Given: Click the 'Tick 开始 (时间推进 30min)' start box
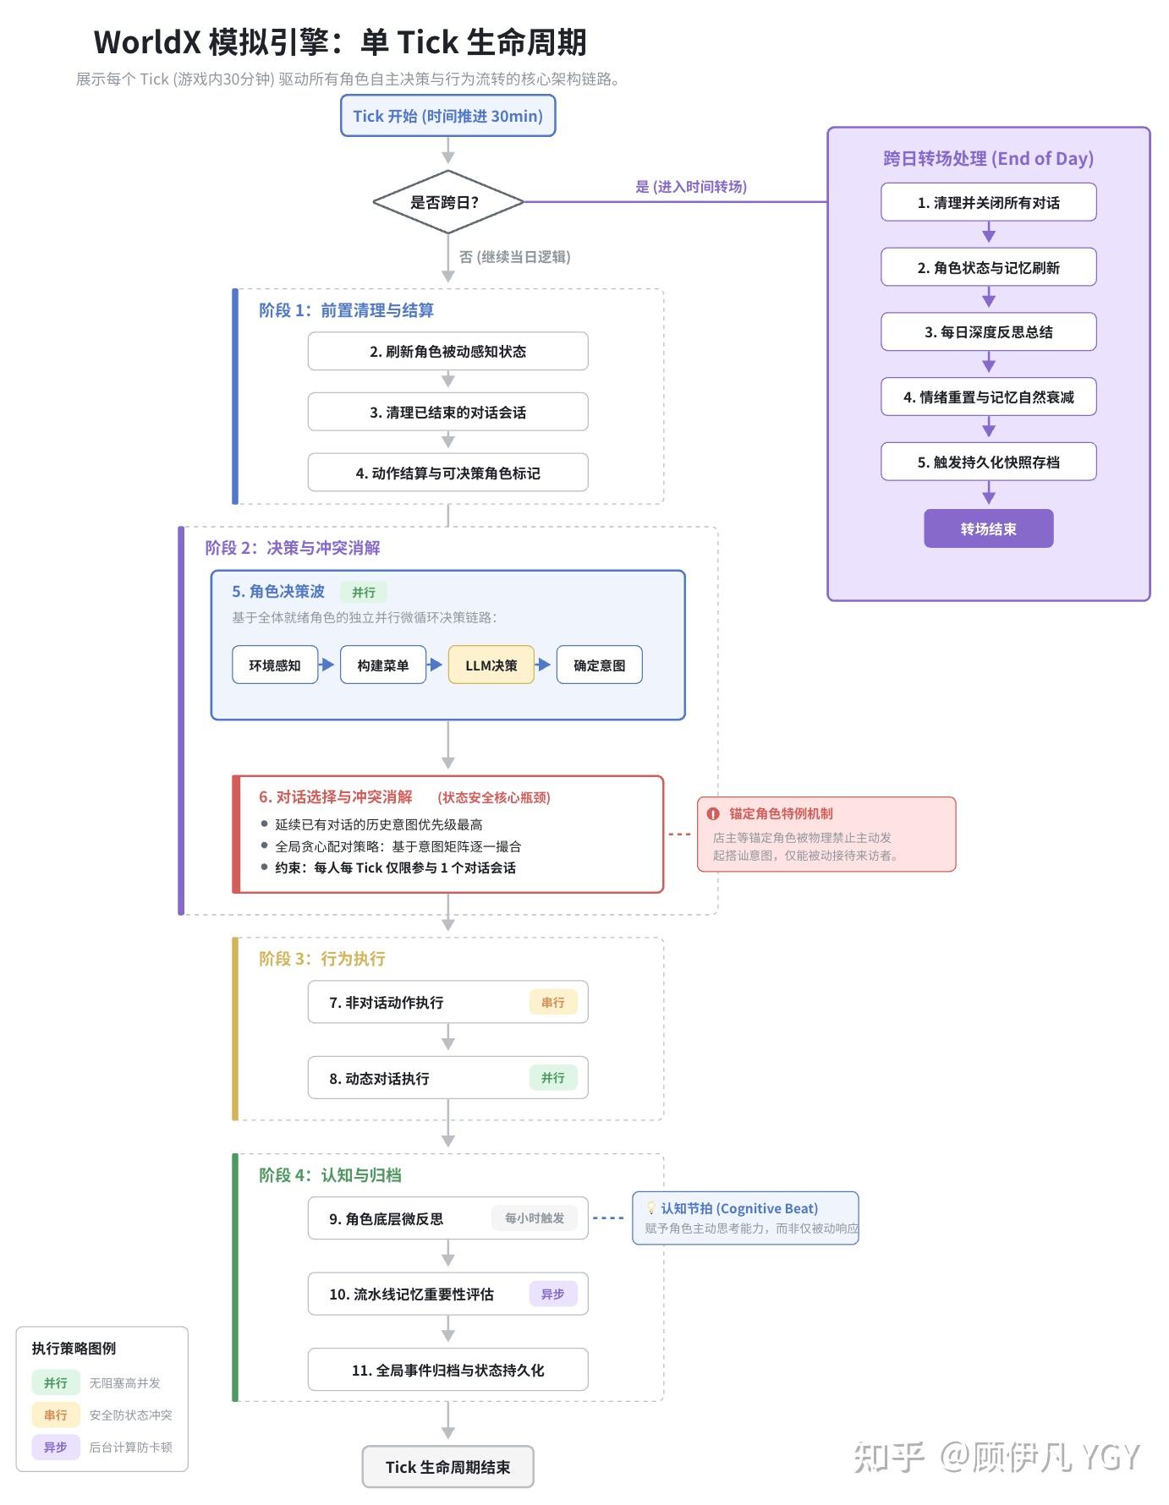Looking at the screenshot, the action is pyautogui.click(x=447, y=116).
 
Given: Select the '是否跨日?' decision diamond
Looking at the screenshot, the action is pyautogui.click(x=447, y=203).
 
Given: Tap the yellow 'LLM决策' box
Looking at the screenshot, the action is pyautogui.click(x=491, y=665).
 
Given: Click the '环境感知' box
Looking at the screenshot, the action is pyautogui.click(x=275, y=665).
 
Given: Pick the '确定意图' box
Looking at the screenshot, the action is pyautogui.click(x=599, y=665).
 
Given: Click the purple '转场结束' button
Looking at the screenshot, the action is pyautogui.click(x=988, y=528).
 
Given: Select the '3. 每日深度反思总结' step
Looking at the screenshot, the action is pyautogui.click(x=988, y=332).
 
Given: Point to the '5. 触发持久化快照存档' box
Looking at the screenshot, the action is pyautogui.click(x=988, y=462).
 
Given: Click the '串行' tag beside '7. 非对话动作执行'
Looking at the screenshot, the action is pyautogui.click(x=553, y=1002).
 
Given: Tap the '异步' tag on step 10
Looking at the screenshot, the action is pyautogui.click(x=553, y=1294).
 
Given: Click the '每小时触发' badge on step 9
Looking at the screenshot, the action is pyautogui.click(x=535, y=1218).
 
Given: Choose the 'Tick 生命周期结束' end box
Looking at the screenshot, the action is pyautogui.click(x=447, y=1467).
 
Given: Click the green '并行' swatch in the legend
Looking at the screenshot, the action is pyautogui.click(x=56, y=1383).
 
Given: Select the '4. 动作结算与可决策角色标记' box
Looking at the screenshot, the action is pyautogui.click(x=447, y=473).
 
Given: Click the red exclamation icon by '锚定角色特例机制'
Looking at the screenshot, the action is pyautogui.click(x=713, y=813).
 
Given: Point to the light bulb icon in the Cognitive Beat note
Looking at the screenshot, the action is pyautogui.click(x=650, y=1208).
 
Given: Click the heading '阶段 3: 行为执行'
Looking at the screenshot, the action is pyautogui.click(x=322, y=959).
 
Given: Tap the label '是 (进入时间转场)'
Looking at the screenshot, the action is pyautogui.click(x=691, y=187).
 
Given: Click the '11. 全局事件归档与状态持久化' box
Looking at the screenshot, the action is pyautogui.click(x=447, y=1370).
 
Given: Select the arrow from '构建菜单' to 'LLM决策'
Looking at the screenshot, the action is pyautogui.click(x=435, y=665).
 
